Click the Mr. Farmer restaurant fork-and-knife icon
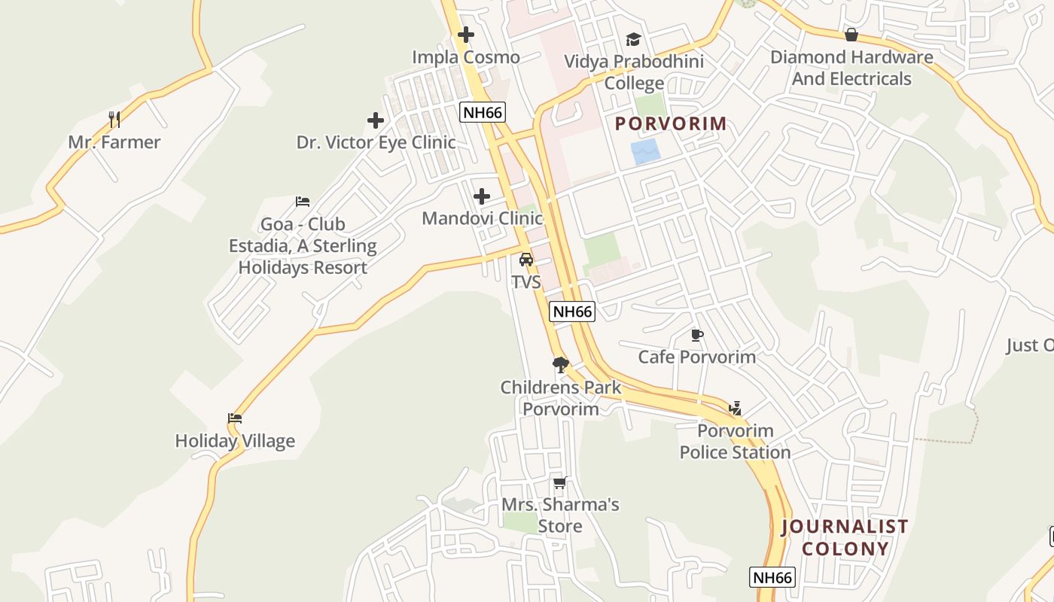(114, 119)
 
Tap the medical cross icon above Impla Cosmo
(466, 35)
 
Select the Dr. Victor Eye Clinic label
(376, 142)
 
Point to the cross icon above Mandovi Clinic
(482, 197)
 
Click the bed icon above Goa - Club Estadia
(303, 202)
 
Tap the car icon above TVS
(526, 260)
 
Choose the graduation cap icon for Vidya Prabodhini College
(633, 39)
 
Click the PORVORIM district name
(672, 123)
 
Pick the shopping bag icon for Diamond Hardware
(851, 35)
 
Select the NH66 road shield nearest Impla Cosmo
(483, 113)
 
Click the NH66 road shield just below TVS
(572, 312)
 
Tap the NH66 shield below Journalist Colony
(772, 577)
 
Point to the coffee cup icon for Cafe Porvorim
(696, 335)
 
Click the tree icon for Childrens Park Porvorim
(560, 366)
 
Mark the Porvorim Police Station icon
(735, 409)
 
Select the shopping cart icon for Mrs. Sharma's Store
(559, 483)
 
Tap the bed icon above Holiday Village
(235, 418)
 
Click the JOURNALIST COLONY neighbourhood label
(845, 537)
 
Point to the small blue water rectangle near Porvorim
(646, 151)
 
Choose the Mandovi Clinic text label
(482, 218)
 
